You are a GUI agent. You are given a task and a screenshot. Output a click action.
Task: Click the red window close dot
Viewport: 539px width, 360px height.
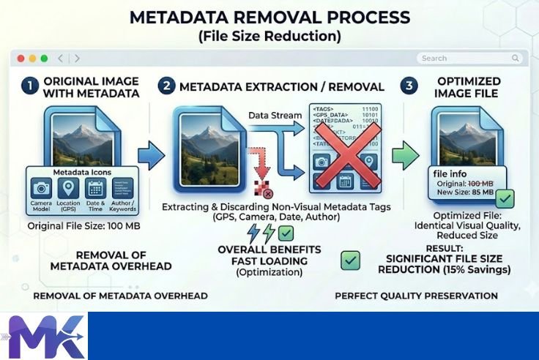pyautogui.click(x=21, y=59)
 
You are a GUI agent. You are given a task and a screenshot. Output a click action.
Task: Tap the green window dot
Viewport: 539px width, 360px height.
pyautogui.click(x=44, y=59)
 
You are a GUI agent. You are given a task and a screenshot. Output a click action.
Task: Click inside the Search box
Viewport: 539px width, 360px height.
pyautogui.click(x=469, y=59)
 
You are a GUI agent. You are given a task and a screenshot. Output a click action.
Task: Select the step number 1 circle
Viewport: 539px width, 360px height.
pyautogui.click(x=29, y=86)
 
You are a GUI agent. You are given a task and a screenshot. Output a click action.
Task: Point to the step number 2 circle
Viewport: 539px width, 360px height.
pyautogui.click(x=166, y=86)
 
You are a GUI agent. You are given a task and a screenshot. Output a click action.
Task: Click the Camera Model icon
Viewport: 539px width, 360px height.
pyautogui.click(x=42, y=189)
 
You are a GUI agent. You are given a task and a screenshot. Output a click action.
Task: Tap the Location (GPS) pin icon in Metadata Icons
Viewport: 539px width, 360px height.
pyautogui.click(x=68, y=189)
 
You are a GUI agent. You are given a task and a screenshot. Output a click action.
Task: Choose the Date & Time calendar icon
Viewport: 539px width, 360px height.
pyautogui.click(x=95, y=189)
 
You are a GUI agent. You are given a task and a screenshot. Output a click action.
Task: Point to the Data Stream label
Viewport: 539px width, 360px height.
pyautogui.click(x=274, y=116)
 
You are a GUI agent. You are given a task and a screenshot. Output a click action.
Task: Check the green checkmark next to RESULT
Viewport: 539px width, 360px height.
pyautogui.click(x=351, y=260)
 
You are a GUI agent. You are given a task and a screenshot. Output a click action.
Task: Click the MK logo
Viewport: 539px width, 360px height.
pyautogui.click(x=45, y=337)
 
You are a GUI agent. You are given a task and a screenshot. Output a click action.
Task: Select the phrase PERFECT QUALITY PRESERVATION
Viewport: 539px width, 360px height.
pyautogui.click(x=416, y=296)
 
